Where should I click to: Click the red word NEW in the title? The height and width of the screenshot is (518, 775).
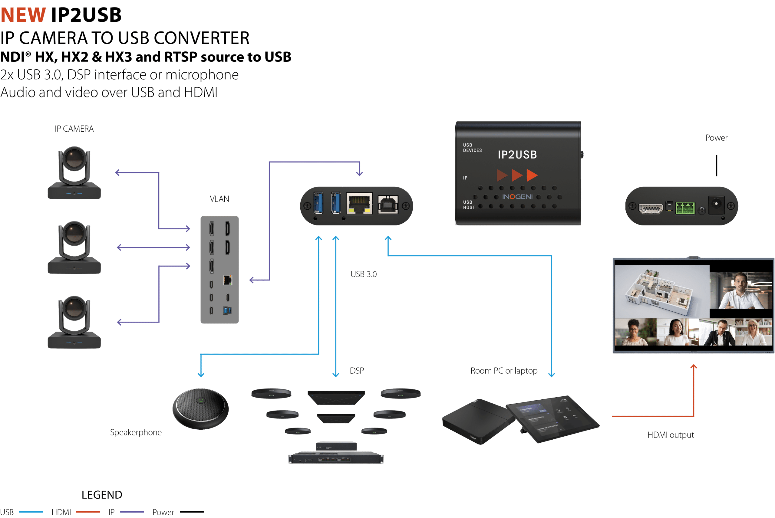(23, 15)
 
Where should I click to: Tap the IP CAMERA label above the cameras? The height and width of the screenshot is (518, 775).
(74, 129)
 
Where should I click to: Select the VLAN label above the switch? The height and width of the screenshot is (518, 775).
(219, 199)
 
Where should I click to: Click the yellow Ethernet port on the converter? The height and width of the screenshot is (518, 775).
(359, 204)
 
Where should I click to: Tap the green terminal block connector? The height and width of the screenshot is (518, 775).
(685, 208)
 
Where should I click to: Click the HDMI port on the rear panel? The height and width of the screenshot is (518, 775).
(650, 208)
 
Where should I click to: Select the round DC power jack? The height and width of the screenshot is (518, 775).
(716, 205)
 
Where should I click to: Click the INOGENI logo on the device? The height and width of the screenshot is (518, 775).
(517, 197)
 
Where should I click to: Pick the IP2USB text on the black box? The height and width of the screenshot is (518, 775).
(517, 155)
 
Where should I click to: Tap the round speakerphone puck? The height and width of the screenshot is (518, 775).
(201, 409)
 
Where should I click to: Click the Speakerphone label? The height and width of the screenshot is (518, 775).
(136, 432)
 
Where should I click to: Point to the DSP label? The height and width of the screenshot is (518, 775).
(357, 371)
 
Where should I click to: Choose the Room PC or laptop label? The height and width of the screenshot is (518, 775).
(504, 371)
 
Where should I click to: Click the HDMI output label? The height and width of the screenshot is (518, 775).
(671, 435)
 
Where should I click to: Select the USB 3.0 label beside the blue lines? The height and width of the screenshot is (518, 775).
(364, 274)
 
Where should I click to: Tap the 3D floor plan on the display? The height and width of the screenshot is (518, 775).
(662, 292)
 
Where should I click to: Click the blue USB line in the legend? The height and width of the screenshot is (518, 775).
(31, 512)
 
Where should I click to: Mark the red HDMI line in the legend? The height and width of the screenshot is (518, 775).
(88, 512)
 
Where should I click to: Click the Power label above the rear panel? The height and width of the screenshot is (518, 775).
(716, 138)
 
